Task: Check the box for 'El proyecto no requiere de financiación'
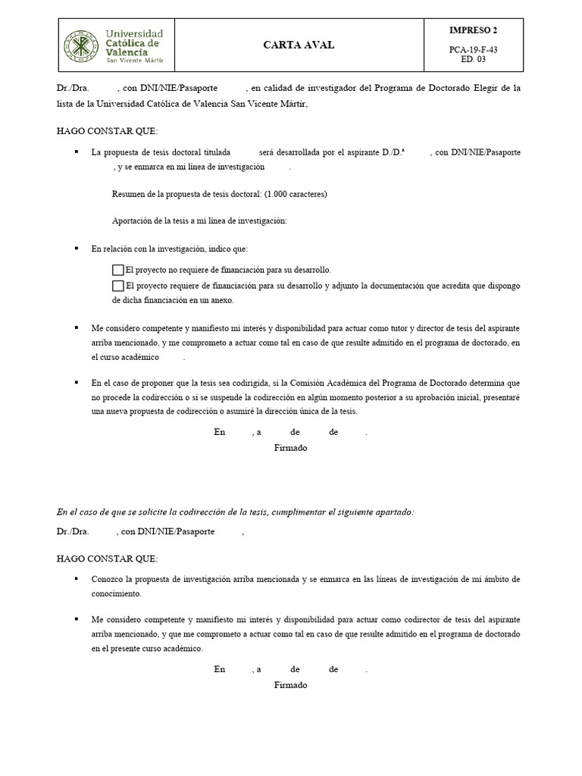point(117,270)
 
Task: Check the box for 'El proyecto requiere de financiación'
point(117,286)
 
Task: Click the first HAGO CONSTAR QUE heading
point(107,130)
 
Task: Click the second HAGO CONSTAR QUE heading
point(107,558)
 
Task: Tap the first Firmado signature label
point(290,448)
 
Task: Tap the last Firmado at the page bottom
point(290,685)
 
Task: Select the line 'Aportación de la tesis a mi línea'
point(199,221)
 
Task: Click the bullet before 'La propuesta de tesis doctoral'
point(77,152)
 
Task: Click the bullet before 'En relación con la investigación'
point(77,248)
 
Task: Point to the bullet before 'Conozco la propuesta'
point(77,578)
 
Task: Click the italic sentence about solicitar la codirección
point(235,512)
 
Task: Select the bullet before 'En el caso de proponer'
point(77,383)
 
